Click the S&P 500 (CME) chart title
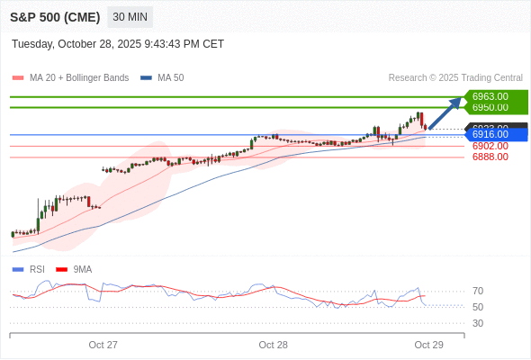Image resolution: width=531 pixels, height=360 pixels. (x=55, y=17)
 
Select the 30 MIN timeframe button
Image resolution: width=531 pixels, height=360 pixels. (x=130, y=17)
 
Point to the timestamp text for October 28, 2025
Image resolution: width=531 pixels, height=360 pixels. (x=118, y=44)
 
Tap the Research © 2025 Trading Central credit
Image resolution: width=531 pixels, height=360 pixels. (x=455, y=78)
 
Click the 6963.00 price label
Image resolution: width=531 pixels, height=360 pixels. (x=490, y=96)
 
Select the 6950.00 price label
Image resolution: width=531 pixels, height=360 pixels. (x=490, y=107)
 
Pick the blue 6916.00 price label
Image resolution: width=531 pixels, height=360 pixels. (x=490, y=134)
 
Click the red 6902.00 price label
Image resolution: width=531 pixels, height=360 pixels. (x=490, y=146)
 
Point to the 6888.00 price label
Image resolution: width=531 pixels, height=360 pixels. (x=490, y=157)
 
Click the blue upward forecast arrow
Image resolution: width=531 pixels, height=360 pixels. (x=446, y=112)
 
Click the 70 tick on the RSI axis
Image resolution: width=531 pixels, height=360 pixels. (x=478, y=291)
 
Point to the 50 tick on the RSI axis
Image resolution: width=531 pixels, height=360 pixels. (x=478, y=307)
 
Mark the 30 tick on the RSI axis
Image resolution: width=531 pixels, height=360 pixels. (x=478, y=323)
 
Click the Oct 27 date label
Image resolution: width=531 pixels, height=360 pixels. (x=103, y=345)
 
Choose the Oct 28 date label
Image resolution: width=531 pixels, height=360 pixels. (x=273, y=345)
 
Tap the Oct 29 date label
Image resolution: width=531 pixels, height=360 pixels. (x=428, y=345)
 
